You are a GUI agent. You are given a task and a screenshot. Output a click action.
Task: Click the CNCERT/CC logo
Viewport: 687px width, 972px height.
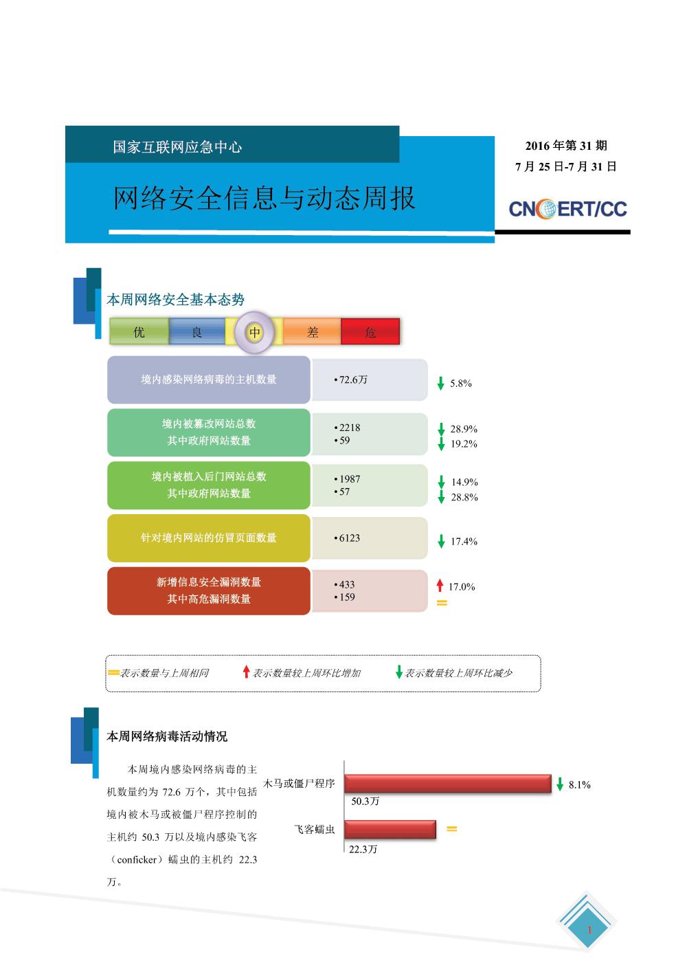click(x=567, y=209)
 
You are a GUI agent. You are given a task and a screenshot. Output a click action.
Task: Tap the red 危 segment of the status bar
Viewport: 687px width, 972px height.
click(x=370, y=332)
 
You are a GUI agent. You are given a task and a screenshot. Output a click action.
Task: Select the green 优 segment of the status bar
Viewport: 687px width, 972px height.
click(x=139, y=332)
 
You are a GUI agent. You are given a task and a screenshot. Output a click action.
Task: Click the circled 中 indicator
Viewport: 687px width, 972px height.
click(x=255, y=333)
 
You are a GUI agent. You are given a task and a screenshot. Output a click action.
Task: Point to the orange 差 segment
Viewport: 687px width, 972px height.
click(x=313, y=332)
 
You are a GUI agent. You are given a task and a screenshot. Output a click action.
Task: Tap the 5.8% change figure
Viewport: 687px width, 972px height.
click(x=460, y=384)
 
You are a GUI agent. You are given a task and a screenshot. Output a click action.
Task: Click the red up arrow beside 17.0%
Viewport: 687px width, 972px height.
click(x=440, y=586)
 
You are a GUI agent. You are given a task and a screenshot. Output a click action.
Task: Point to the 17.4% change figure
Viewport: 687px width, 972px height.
click(x=464, y=542)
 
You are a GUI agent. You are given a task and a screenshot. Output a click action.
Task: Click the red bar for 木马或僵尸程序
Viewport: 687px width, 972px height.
click(x=448, y=784)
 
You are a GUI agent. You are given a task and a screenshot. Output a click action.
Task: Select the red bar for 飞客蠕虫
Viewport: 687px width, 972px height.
click(x=390, y=829)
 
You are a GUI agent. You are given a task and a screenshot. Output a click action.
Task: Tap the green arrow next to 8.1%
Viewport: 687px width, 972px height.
click(x=560, y=784)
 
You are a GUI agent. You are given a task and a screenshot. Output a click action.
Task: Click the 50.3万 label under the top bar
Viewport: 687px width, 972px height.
click(x=365, y=802)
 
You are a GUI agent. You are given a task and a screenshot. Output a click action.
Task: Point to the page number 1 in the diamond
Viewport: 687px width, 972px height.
click(x=589, y=930)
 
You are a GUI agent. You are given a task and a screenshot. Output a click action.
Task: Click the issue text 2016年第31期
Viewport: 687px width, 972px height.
click(x=566, y=146)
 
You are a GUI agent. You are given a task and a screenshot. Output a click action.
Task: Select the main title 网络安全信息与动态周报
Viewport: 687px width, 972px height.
click(x=264, y=198)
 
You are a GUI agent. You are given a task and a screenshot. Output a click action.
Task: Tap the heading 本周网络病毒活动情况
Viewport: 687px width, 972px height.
click(x=167, y=736)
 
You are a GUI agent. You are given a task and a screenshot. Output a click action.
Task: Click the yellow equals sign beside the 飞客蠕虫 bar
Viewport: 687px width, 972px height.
click(x=452, y=829)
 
